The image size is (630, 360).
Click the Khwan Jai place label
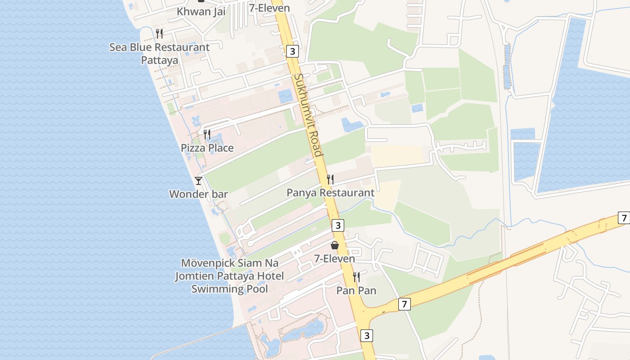click(201, 12)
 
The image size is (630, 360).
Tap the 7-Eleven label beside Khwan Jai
click(270, 8)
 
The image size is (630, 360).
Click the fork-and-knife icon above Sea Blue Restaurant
click(159, 33)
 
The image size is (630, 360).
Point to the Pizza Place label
click(207, 148)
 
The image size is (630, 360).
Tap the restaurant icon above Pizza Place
click(207, 134)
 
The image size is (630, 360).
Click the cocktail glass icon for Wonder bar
click(198, 180)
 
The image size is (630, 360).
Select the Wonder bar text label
click(198, 194)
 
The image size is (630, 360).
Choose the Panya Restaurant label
click(330, 193)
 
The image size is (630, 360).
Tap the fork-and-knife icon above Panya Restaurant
click(330, 180)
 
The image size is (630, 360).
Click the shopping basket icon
click(335, 245)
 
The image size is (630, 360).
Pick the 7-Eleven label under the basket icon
click(334, 259)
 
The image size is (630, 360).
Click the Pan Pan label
click(356, 290)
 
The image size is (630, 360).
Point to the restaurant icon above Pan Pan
click(356, 277)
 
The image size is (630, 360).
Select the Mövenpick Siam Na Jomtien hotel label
click(229, 275)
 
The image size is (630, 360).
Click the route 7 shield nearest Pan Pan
click(404, 305)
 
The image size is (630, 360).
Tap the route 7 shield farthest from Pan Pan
click(623, 218)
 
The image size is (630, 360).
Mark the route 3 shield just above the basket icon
click(338, 225)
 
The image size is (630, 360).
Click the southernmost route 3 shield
click(367, 335)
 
